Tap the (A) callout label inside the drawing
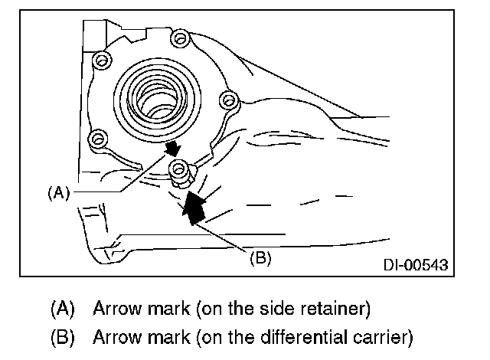58,193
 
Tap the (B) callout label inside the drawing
260,257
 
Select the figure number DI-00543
416,265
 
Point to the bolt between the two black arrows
179,169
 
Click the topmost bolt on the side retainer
179,38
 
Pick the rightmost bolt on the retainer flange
225,99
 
